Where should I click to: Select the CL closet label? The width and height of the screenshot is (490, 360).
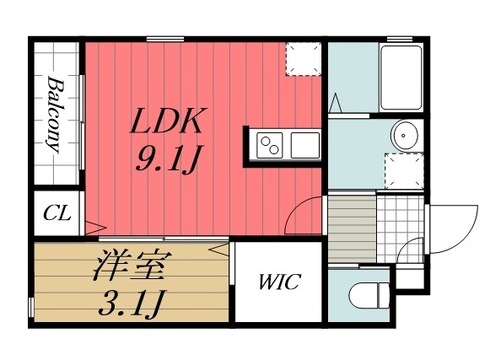click(57, 214)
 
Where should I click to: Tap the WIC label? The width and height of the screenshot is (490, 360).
click(278, 282)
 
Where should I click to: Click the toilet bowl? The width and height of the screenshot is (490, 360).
click(369, 295)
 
